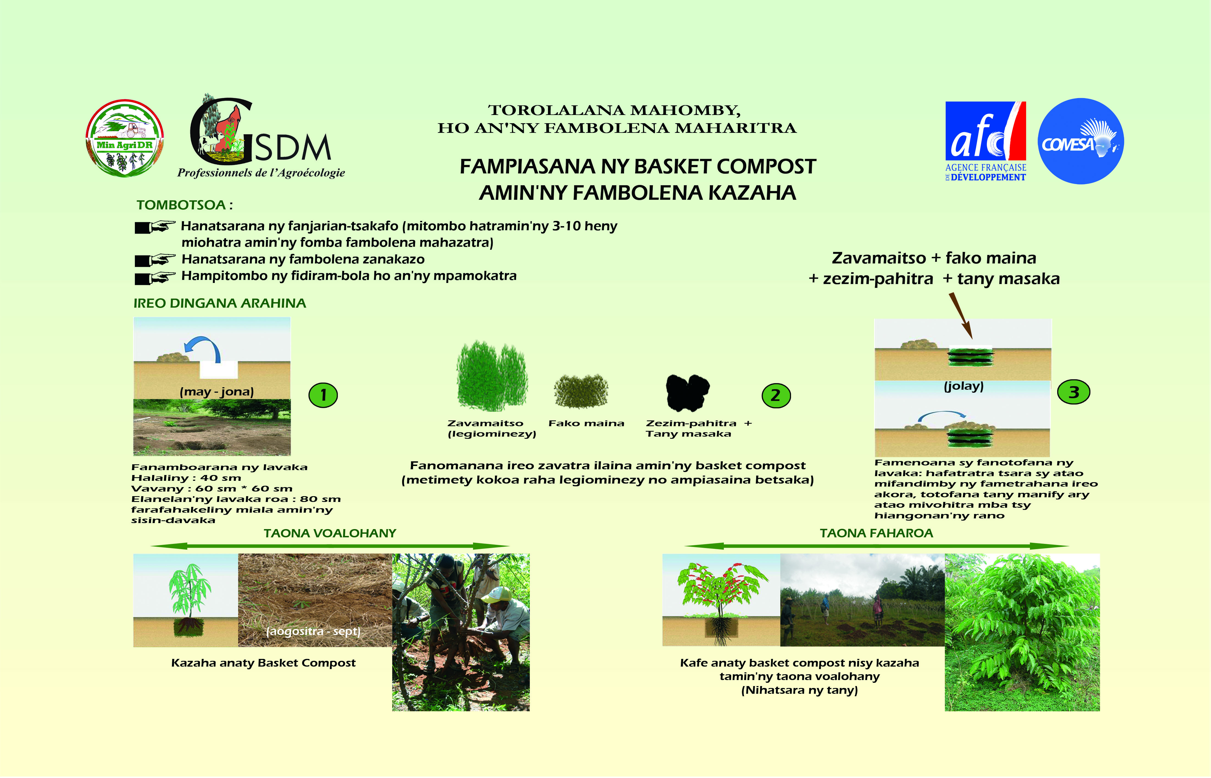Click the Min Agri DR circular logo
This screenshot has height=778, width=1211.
click(124, 138)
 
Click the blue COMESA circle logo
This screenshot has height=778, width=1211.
click(1081, 141)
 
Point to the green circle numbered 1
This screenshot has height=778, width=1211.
click(323, 395)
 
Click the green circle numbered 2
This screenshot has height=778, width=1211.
click(776, 395)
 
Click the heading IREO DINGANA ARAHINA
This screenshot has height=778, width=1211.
click(220, 303)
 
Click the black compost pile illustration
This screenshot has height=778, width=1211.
click(688, 392)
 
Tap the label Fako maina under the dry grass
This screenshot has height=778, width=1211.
click(586, 423)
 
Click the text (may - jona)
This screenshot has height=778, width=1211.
click(217, 392)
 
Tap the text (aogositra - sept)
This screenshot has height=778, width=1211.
click(313, 631)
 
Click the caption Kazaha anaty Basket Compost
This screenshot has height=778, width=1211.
click(263, 663)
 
